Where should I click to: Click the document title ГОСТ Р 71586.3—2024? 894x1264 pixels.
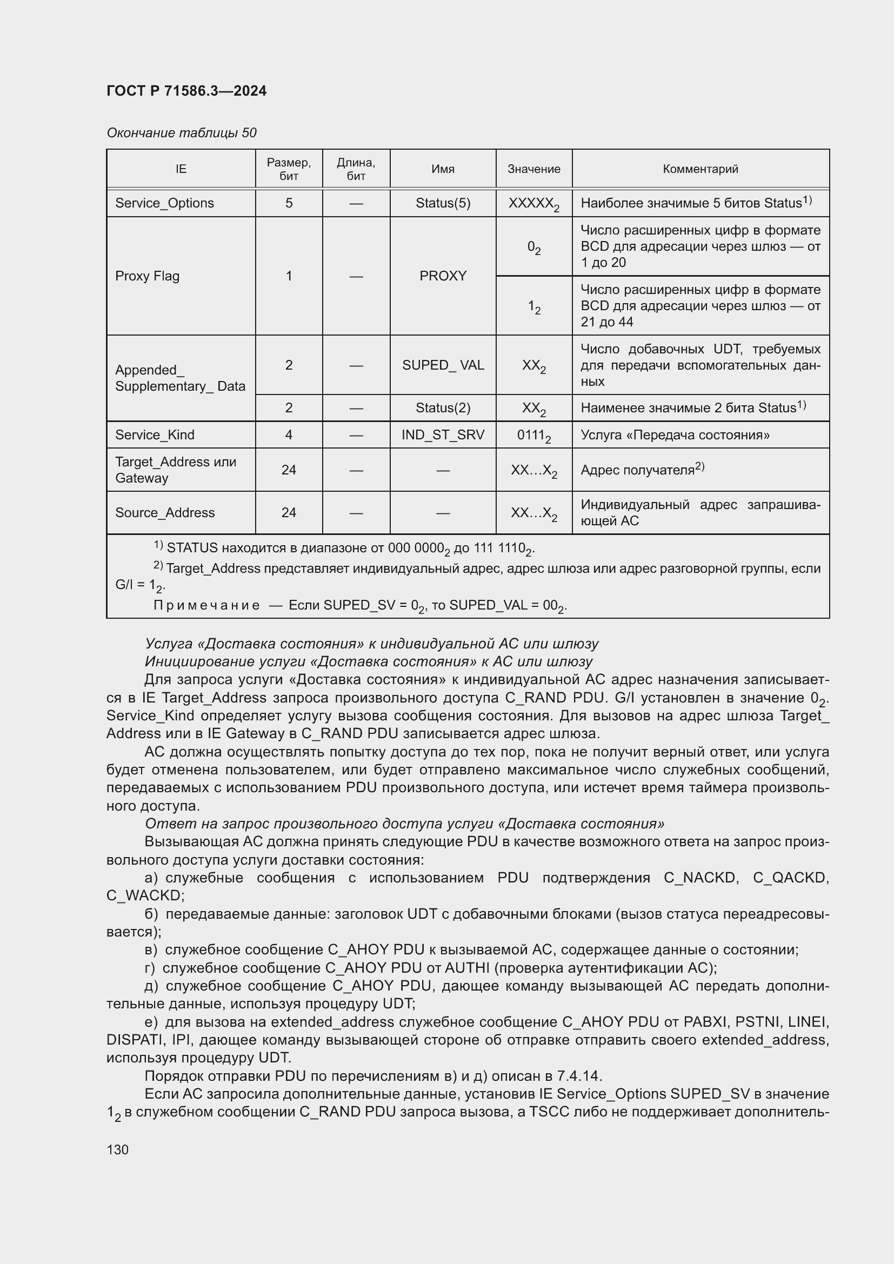(186, 91)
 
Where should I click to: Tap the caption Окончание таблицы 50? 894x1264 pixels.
(181, 133)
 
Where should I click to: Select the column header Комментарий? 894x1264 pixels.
(699, 169)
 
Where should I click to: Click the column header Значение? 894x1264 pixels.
(533, 169)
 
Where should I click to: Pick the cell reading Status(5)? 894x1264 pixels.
(443, 203)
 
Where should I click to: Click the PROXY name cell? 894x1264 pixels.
(443, 276)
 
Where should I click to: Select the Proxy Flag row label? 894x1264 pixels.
(147, 276)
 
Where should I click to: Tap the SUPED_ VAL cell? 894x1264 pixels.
(443, 365)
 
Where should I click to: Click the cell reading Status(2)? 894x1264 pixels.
(443, 408)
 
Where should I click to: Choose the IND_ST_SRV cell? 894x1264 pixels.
(443, 435)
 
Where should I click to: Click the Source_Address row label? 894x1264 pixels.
(165, 512)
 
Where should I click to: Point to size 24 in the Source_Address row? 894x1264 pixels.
(289, 512)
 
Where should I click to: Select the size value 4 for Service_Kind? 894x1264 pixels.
(289, 435)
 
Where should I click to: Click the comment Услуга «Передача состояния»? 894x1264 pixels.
(675, 435)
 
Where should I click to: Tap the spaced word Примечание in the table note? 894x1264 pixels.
(206, 606)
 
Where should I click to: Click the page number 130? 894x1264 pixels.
(117, 1149)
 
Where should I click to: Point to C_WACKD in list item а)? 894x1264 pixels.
(145, 895)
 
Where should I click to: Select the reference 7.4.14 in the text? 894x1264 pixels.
(579, 1076)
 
